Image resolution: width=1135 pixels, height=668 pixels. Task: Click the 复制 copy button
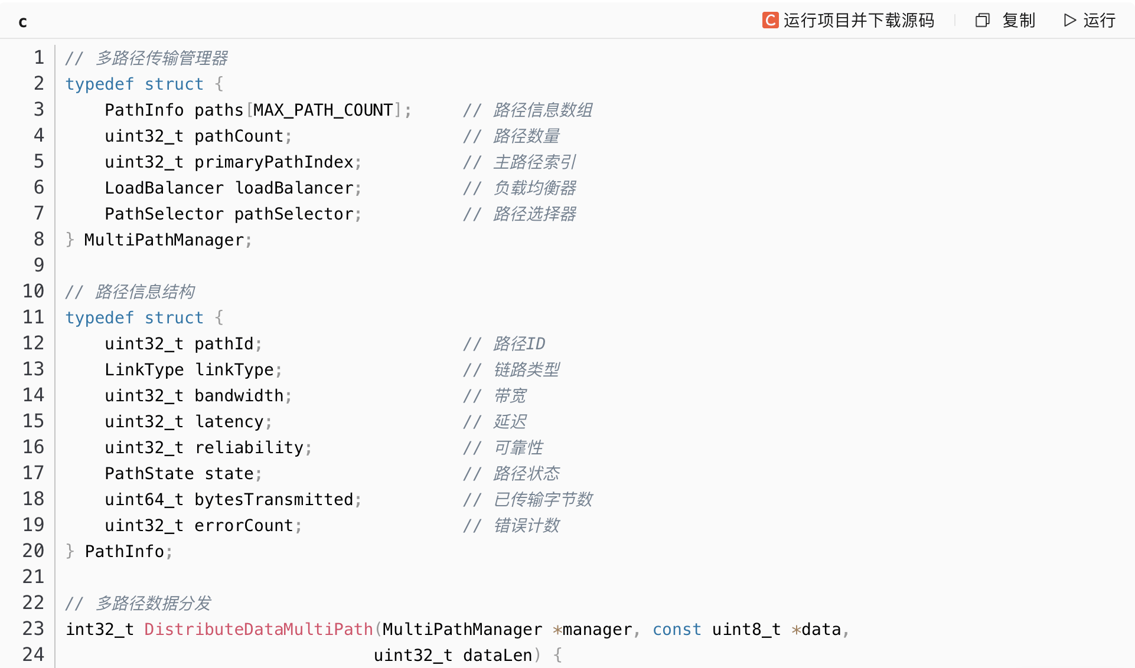(x=1006, y=21)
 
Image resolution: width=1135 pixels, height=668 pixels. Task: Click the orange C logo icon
(x=770, y=21)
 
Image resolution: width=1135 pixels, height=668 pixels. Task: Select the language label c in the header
(x=22, y=22)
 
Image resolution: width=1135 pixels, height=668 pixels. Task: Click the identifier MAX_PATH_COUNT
(x=323, y=110)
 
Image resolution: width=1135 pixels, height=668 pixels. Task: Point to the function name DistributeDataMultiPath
(x=259, y=630)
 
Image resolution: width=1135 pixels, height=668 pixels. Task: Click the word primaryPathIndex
(x=274, y=162)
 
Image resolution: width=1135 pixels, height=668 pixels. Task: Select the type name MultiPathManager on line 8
(x=164, y=240)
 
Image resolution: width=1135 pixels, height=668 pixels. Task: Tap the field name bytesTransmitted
(x=274, y=500)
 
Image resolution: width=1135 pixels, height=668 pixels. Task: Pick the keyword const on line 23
(x=677, y=630)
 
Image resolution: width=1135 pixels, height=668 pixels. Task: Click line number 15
(x=34, y=421)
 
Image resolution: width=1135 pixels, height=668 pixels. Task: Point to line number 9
(x=39, y=266)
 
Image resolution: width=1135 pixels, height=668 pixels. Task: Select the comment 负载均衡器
(x=534, y=188)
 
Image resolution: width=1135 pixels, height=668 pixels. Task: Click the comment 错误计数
(x=526, y=526)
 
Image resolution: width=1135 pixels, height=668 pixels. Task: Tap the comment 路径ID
(x=519, y=344)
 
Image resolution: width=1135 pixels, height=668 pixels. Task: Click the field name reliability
(x=249, y=448)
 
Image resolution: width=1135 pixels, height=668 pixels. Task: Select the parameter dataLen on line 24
(x=498, y=656)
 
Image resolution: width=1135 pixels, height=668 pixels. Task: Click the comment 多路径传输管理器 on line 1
(x=161, y=58)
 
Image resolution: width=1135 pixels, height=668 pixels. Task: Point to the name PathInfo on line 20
(x=125, y=552)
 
